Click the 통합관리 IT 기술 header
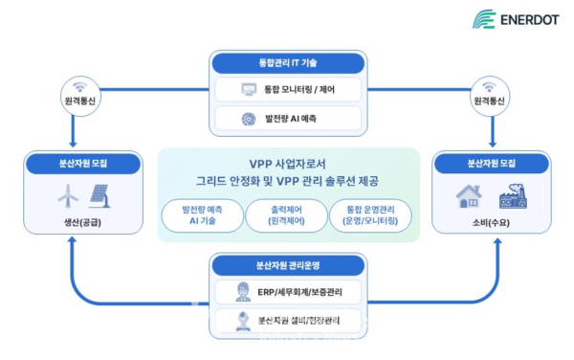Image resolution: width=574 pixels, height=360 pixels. coord(288,63)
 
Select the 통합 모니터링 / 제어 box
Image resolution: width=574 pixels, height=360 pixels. coord(288,90)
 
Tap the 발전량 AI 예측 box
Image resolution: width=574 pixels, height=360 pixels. coord(288,119)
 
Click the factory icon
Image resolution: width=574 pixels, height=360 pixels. coord(512,197)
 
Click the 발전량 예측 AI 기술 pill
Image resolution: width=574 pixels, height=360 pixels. coord(202,215)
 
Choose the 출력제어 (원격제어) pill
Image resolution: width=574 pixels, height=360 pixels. coord(287,215)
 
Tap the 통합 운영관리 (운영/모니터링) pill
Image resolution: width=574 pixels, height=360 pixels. coord(371,215)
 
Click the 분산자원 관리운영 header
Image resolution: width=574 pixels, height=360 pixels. coord(288,264)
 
